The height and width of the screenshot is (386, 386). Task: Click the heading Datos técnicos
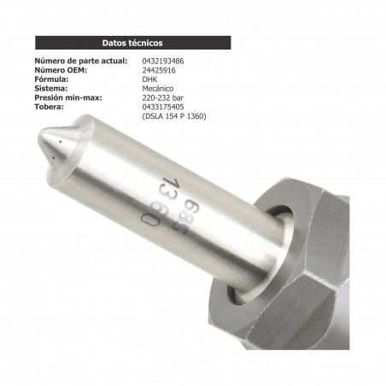pyautogui.click(x=132, y=42)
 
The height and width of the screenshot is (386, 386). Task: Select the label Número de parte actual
pyautogui.click(x=80, y=62)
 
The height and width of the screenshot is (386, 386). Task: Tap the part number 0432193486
pyautogui.click(x=165, y=62)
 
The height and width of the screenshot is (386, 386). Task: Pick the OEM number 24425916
pyautogui.click(x=159, y=71)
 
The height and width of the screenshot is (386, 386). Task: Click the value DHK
pyautogui.click(x=149, y=79)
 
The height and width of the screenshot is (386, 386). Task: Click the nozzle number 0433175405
pyautogui.click(x=165, y=107)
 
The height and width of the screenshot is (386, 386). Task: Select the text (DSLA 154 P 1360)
pyautogui.click(x=173, y=116)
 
